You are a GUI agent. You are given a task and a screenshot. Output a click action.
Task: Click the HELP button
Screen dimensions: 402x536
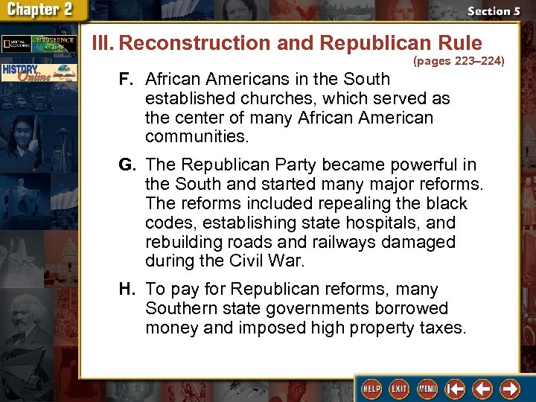tap(371, 388)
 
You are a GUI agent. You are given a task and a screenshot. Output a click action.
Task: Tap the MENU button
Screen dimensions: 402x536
tap(427, 388)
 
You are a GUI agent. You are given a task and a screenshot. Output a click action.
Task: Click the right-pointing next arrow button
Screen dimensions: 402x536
tap(510, 388)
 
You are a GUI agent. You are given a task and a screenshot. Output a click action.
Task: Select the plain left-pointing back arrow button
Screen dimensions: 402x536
tap(482, 388)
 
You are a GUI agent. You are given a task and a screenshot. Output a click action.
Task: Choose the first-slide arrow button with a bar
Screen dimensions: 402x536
tap(455, 388)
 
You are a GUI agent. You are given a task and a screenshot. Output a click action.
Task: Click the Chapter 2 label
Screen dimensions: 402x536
tap(42, 11)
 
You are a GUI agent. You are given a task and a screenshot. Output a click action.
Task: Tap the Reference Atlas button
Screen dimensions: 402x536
tap(57, 43)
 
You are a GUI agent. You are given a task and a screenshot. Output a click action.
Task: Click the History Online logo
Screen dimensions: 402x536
tap(37, 73)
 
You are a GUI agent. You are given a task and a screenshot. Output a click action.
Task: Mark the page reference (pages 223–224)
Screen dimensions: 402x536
tap(459, 61)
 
